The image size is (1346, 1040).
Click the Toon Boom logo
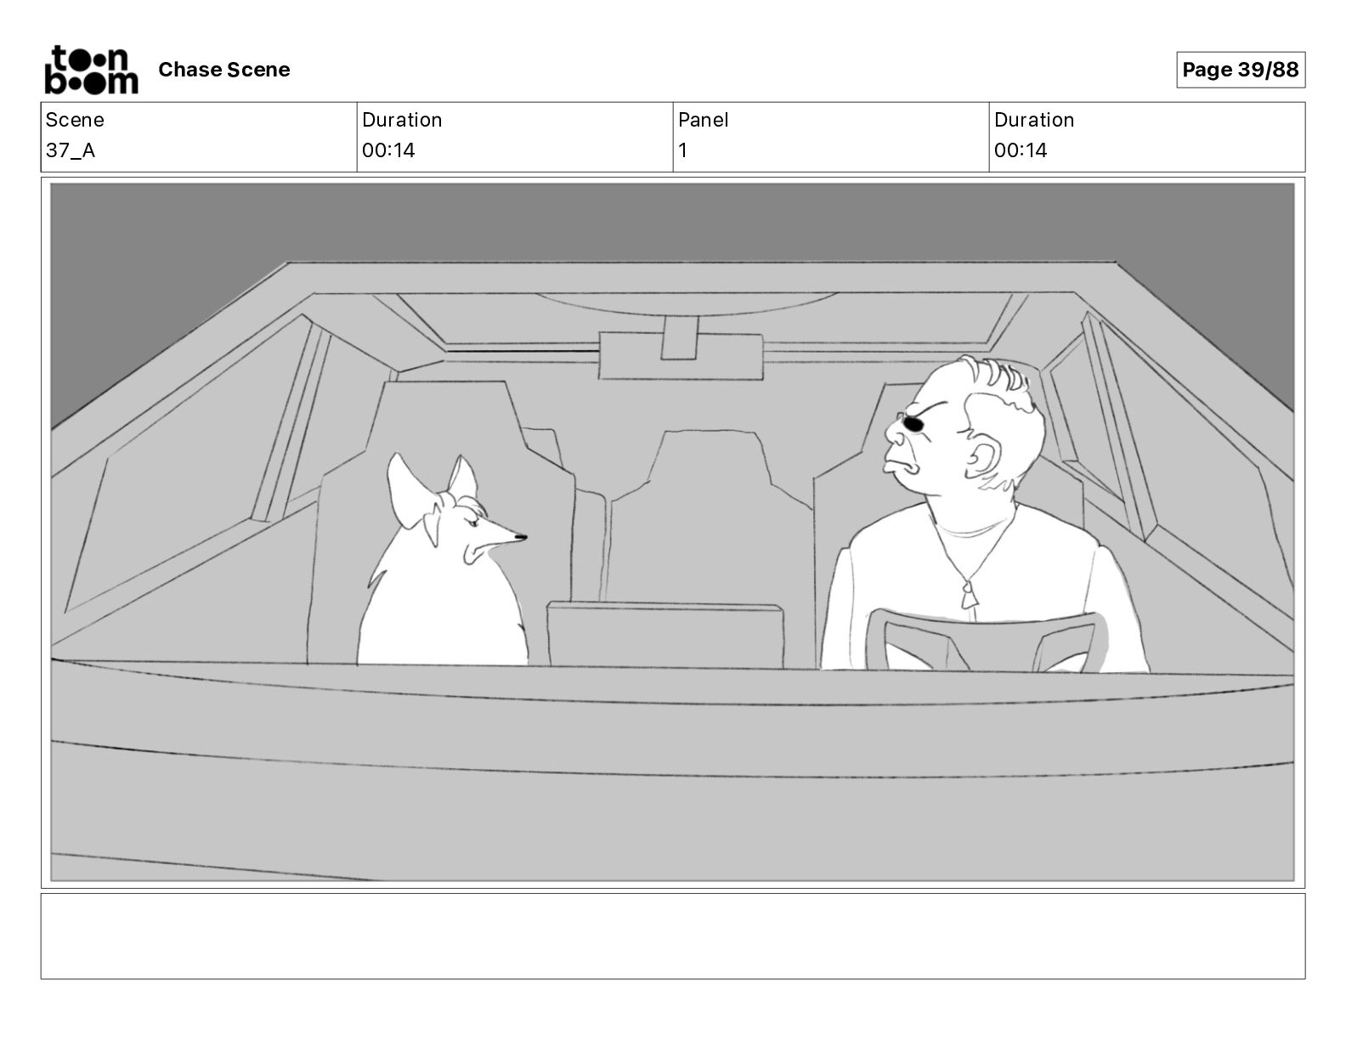pyautogui.click(x=92, y=70)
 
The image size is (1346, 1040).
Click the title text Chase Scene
pyautogui.click(x=224, y=70)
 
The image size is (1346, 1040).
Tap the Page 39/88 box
pyautogui.click(x=1240, y=70)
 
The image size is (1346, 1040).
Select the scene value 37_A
pyautogui.click(x=70, y=150)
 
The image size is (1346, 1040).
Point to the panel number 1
pyautogui.click(x=682, y=150)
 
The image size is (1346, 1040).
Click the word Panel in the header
pyautogui.click(x=703, y=120)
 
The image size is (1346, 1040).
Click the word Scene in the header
pyautogui.click(x=74, y=120)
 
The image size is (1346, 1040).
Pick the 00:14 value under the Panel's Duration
pyautogui.click(x=1021, y=150)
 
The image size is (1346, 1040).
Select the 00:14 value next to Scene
pyautogui.click(x=388, y=150)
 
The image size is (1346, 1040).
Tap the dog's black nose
pyautogui.click(x=520, y=537)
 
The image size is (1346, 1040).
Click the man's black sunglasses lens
pyautogui.click(x=913, y=424)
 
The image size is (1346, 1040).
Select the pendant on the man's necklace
pyautogui.click(x=969, y=595)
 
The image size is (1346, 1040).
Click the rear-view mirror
pyautogui.click(x=681, y=355)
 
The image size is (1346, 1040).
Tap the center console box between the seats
pyautogui.click(x=665, y=635)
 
